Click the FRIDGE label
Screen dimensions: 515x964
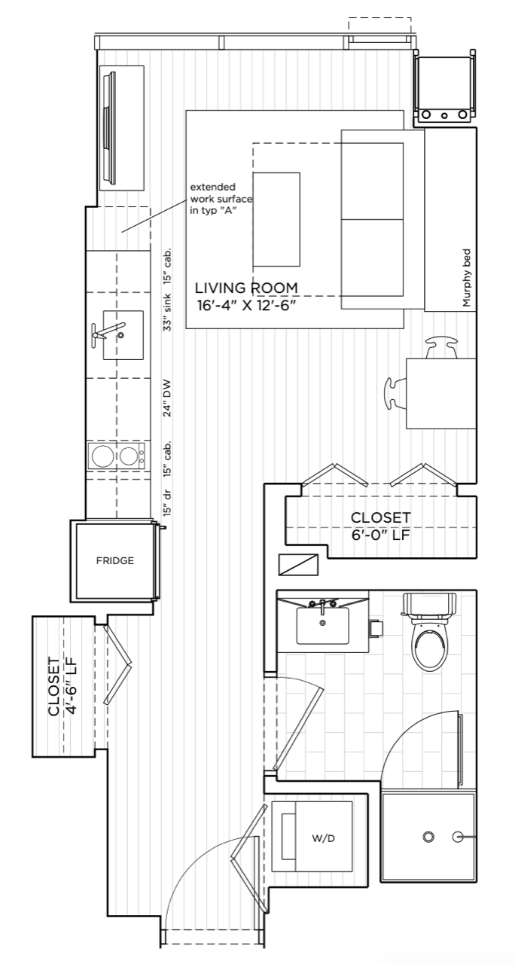click(115, 561)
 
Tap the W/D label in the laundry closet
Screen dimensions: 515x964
click(323, 838)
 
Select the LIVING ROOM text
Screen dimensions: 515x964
click(246, 288)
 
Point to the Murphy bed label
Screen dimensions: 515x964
click(466, 278)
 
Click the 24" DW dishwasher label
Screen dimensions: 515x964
click(167, 398)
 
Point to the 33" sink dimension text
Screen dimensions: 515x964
click(167, 312)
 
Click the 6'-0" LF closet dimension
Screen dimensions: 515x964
click(380, 535)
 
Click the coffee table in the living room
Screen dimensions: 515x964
click(276, 219)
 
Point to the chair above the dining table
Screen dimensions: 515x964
click(442, 347)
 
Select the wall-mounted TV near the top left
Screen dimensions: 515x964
click(110, 128)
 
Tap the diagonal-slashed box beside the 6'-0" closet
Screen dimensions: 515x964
click(299, 565)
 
